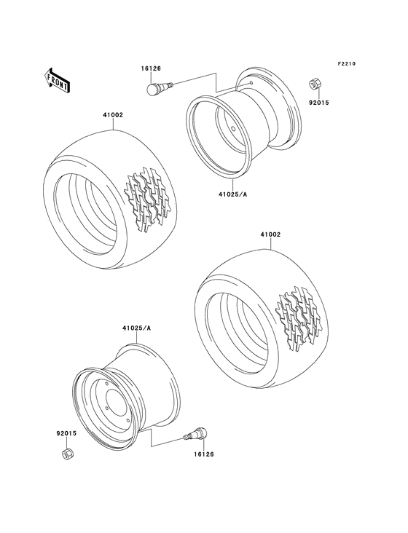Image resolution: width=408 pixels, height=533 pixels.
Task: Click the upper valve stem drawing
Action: (x=159, y=90)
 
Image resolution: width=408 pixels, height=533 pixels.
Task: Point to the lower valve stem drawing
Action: (x=195, y=435)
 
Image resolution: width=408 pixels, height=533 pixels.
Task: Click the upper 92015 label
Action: (x=320, y=103)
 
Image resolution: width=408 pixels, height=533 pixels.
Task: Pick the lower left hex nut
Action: (x=66, y=454)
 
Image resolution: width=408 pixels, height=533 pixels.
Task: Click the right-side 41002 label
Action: (x=270, y=235)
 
